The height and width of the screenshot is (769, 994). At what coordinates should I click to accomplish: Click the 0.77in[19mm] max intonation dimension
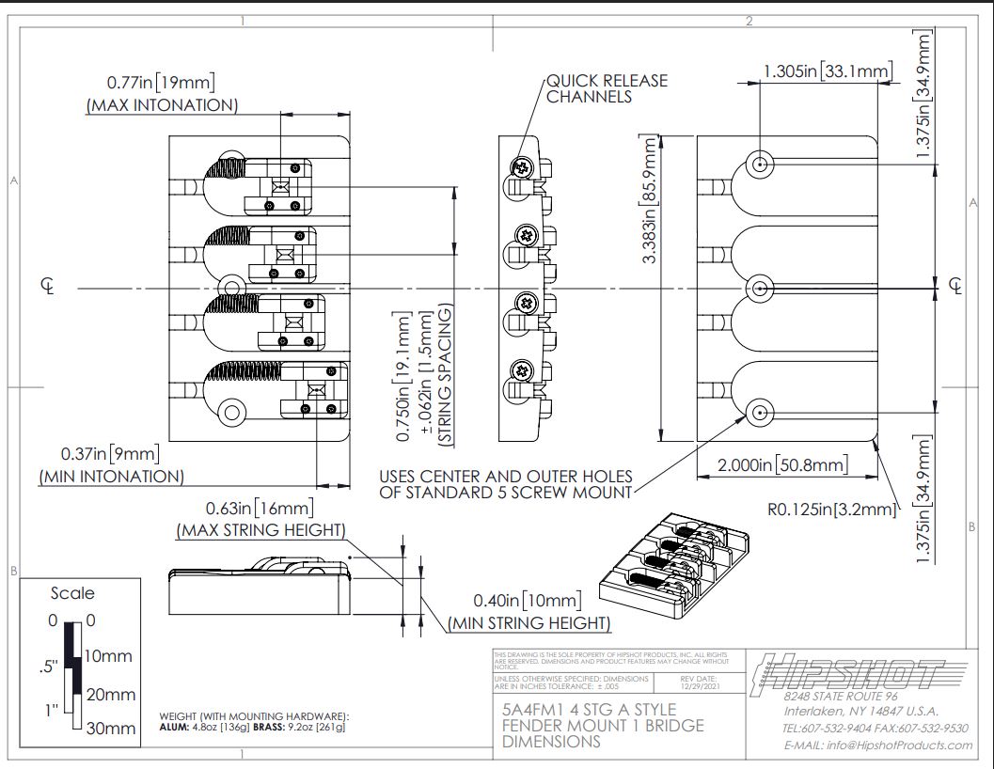point(161,82)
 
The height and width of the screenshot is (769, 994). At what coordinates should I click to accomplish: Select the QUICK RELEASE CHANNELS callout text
point(607,88)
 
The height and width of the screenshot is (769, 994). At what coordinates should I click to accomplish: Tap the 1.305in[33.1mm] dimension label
point(827,71)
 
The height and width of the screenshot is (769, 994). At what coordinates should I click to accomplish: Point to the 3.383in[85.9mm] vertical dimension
point(649,199)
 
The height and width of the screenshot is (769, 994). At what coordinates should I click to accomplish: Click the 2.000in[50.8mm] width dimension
point(782,464)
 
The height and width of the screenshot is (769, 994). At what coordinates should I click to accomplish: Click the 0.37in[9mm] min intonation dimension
point(110,453)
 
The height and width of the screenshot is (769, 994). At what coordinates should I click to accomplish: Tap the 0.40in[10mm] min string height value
point(528,600)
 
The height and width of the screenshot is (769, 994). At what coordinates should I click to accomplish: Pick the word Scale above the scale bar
point(72,593)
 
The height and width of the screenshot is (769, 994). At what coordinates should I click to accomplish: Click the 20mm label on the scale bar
point(110,695)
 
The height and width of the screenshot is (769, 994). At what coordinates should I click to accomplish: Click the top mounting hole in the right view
point(761,164)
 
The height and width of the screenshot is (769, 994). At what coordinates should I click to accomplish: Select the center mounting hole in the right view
point(761,286)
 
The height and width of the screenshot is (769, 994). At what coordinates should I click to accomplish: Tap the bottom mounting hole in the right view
point(761,410)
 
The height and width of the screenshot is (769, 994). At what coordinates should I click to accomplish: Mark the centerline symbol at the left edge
point(47,286)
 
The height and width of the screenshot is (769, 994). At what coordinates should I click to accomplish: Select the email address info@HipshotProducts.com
point(877,745)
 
